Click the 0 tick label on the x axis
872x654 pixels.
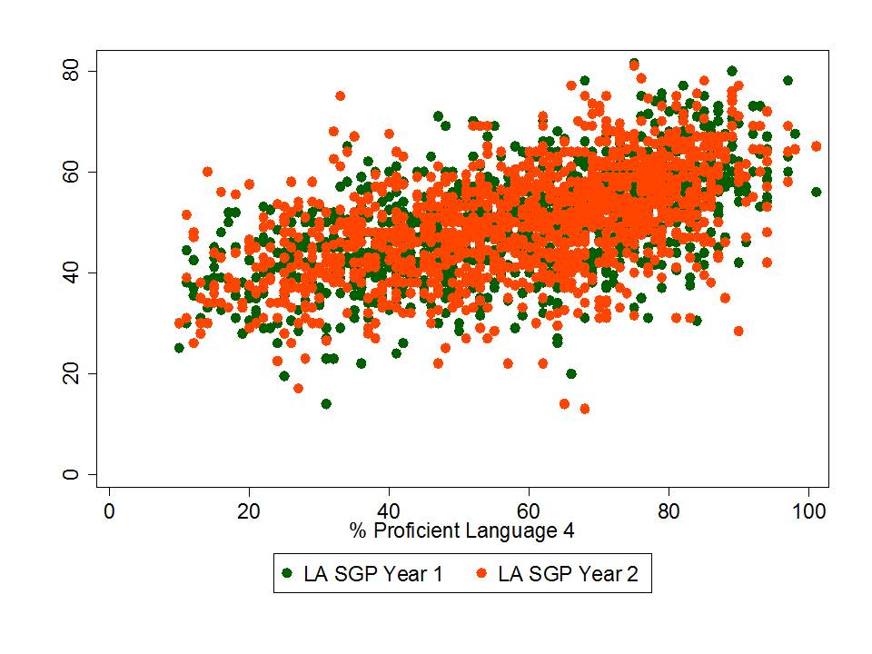(109, 510)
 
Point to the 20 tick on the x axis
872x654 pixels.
(249, 510)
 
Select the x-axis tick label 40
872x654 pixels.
(389, 510)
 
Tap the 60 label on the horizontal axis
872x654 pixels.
(529, 510)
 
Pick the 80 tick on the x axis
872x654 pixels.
(669, 510)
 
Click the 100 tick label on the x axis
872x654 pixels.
(808, 510)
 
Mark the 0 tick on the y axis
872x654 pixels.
(70, 474)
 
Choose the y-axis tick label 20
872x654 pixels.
(70, 373)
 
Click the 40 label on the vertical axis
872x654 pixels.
(70, 272)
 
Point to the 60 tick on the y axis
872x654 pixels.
(70, 172)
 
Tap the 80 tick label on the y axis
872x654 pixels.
(70, 71)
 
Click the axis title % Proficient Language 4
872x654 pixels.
(461, 530)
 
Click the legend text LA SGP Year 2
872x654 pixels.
(573, 574)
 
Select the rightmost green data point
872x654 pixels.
(816, 192)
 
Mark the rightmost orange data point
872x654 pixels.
(816, 146)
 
